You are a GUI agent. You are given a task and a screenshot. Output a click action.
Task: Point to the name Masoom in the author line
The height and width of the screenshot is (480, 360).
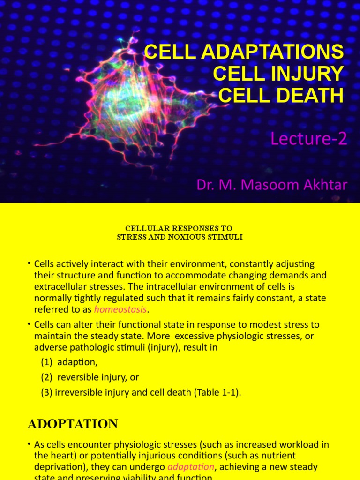[x=272, y=185]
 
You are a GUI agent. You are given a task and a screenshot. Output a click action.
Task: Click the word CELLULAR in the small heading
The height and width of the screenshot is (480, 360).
[x=145, y=228]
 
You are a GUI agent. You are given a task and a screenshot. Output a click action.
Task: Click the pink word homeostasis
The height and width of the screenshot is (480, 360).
[x=120, y=309]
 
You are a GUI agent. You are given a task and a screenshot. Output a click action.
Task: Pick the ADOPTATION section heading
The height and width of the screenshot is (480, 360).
[x=73, y=424]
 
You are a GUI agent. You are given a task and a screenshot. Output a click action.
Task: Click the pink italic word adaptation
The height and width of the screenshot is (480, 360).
[x=190, y=467]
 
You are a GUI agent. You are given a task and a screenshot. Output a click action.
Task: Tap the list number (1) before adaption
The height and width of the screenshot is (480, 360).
[x=47, y=363]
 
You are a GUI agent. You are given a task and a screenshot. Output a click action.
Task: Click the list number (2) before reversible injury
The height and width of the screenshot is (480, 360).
[x=47, y=377]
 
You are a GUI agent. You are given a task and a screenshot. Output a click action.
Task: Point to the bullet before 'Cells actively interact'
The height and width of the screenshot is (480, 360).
[x=29, y=264]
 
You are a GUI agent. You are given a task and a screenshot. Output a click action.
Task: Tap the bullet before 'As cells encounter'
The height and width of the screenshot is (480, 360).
[x=29, y=444]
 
